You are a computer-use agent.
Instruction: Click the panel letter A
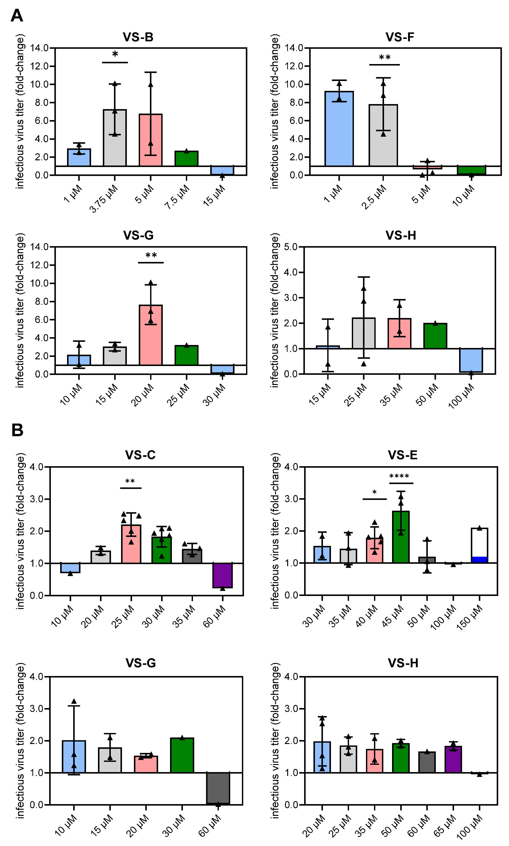click(17, 16)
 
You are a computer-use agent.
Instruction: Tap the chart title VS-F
click(400, 37)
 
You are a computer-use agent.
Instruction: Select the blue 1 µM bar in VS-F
click(339, 128)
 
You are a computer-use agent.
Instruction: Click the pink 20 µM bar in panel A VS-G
click(150, 335)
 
